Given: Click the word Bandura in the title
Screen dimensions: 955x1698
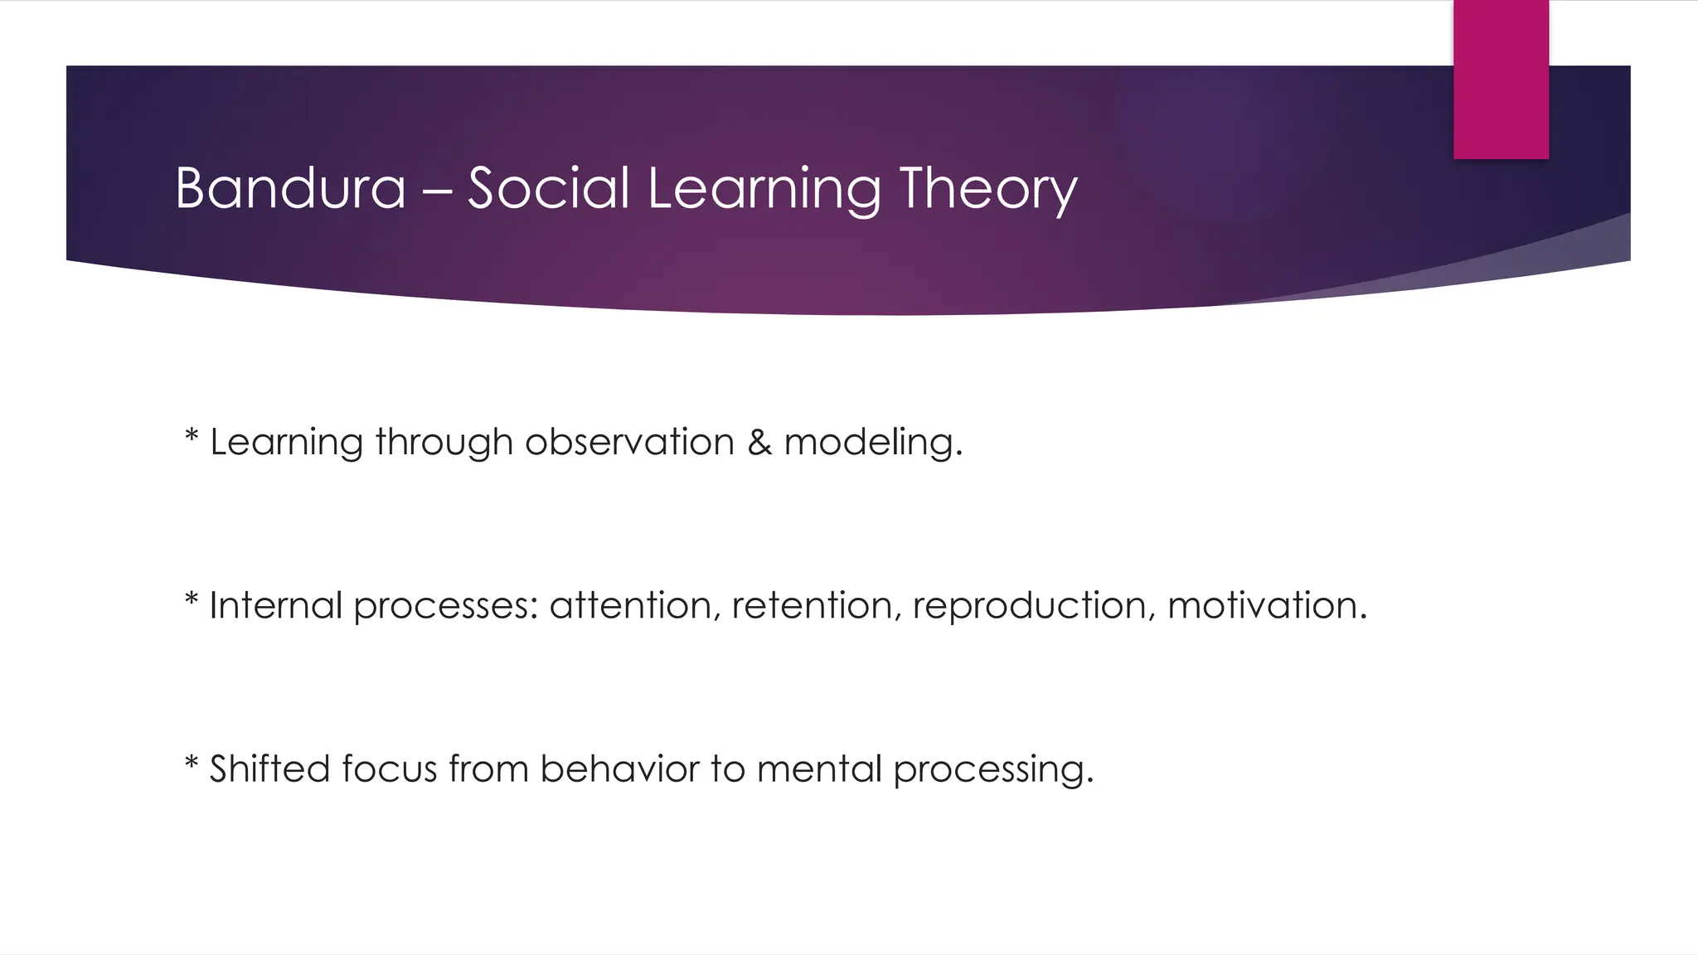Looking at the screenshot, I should click(290, 188).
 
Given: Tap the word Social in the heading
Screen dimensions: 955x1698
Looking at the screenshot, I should click(549, 188).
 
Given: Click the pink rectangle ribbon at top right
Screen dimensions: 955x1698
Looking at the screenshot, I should click(1501, 79).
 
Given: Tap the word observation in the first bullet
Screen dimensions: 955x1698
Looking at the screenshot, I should click(629, 442).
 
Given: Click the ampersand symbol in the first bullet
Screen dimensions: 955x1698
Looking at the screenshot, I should click(759, 442).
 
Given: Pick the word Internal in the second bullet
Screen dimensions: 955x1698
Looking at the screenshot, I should click(275, 605).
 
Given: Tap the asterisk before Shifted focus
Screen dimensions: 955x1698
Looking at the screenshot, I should click(192, 761).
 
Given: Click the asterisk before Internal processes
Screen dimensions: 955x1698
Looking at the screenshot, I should click(192, 598).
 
